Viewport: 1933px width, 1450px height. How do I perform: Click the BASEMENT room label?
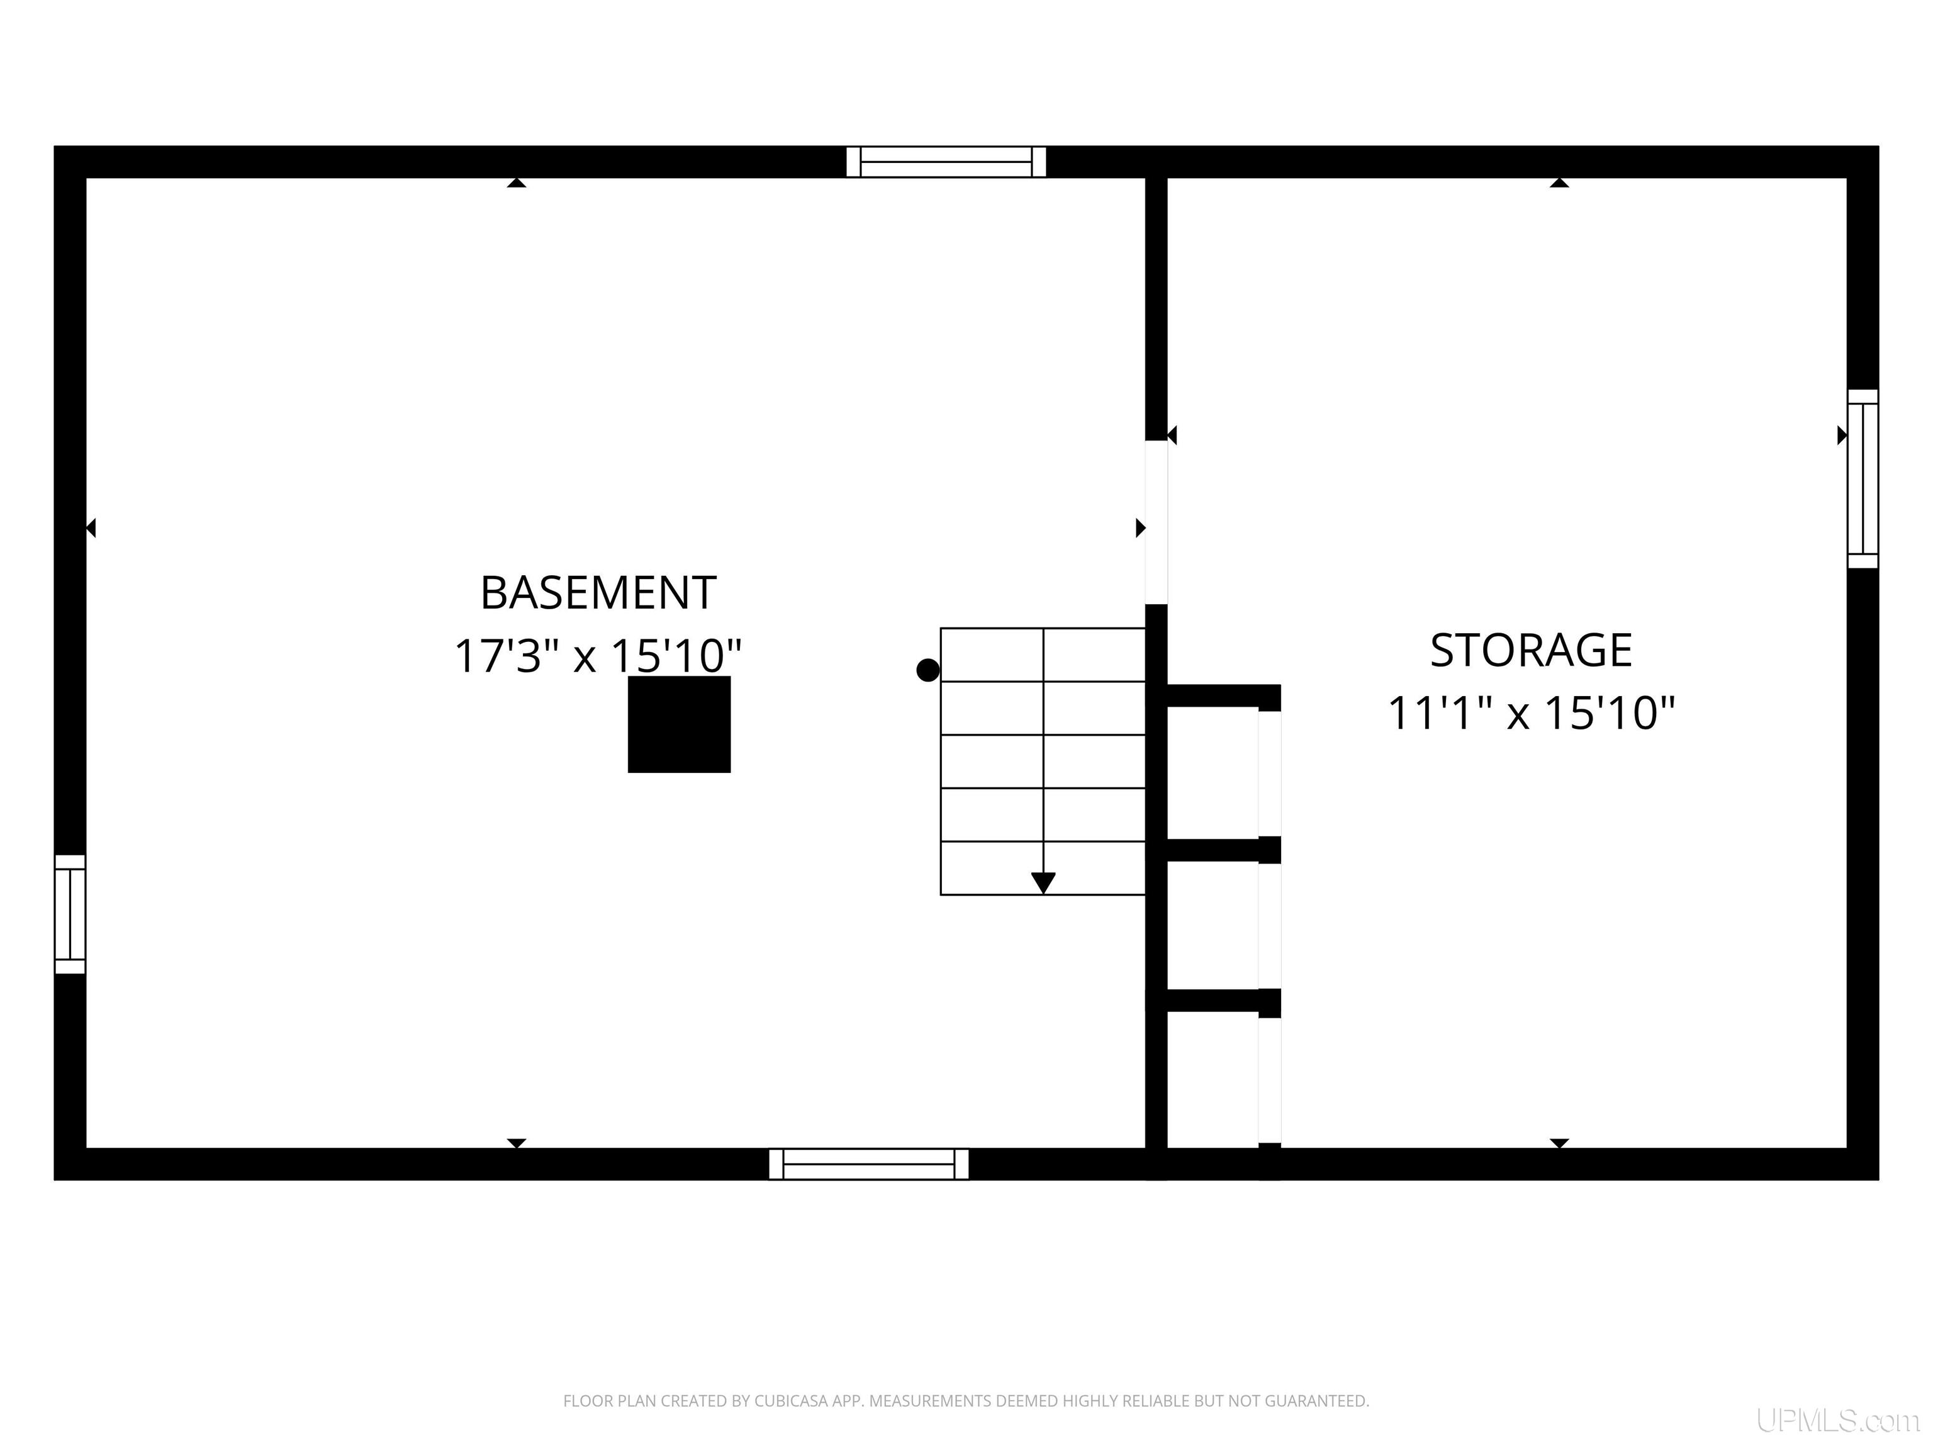coord(598,593)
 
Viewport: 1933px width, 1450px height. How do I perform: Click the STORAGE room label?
coord(1531,650)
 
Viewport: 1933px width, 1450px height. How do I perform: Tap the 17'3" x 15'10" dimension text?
coord(598,656)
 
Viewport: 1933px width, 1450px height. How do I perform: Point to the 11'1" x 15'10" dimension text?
coord(1531,712)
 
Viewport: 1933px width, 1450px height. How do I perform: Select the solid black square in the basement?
coord(679,724)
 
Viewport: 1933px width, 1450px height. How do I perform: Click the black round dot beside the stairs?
coord(928,670)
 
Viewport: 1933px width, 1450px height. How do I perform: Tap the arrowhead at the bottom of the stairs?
coord(1043,883)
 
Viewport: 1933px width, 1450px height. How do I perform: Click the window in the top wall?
coord(946,162)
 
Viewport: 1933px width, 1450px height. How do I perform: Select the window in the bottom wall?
coord(868,1164)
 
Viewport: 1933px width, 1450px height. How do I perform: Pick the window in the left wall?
coord(70,914)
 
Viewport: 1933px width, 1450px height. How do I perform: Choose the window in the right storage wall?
coord(1863,479)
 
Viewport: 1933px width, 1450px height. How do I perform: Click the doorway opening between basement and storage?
coord(1156,522)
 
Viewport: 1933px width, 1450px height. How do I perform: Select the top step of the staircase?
coord(1043,655)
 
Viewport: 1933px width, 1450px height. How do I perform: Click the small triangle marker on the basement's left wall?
coord(91,528)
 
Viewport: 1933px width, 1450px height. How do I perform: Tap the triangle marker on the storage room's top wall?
coord(1559,183)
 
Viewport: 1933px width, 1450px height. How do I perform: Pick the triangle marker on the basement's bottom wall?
coord(517,1144)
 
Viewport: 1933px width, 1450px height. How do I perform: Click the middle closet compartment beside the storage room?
coord(1213,926)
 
